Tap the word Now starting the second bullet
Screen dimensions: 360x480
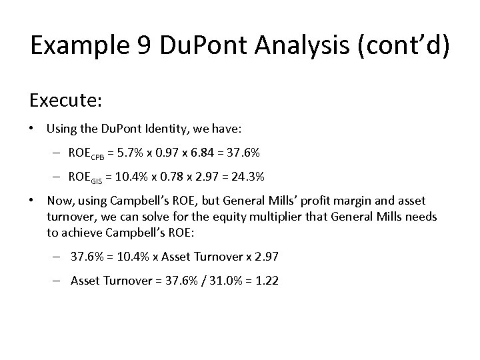pyautogui.click(x=58, y=201)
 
